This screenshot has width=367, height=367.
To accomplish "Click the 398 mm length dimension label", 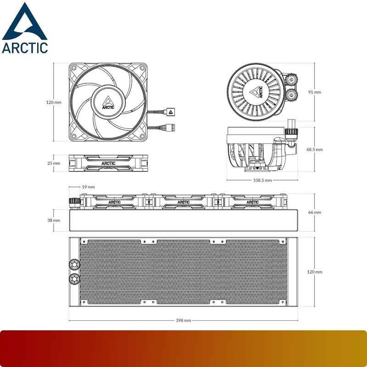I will [183, 320].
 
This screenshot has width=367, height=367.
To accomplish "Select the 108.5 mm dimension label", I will [262, 180].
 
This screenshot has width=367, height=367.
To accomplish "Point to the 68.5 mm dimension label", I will [315, 150].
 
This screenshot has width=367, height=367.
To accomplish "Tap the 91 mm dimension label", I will [314, 92].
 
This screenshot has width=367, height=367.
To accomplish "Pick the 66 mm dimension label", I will [314, 212].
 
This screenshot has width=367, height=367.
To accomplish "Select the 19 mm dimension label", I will [88, 187].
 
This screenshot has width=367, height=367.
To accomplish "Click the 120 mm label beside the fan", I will [54, 102].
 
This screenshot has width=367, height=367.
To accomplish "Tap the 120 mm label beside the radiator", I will [314, 272].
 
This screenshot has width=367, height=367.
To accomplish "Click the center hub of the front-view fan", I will [109, 102].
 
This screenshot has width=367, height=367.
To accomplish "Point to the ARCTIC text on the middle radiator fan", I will [183, 201].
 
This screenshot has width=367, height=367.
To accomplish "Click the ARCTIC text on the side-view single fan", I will [109, 163].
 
